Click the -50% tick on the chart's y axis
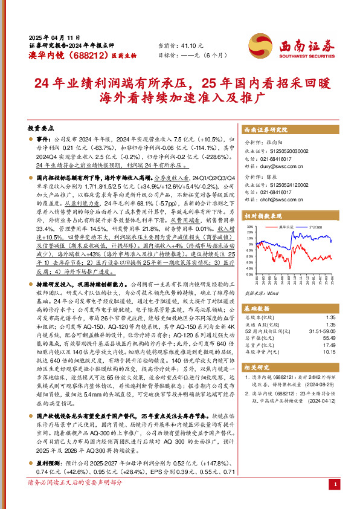click(x=249, y=274)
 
